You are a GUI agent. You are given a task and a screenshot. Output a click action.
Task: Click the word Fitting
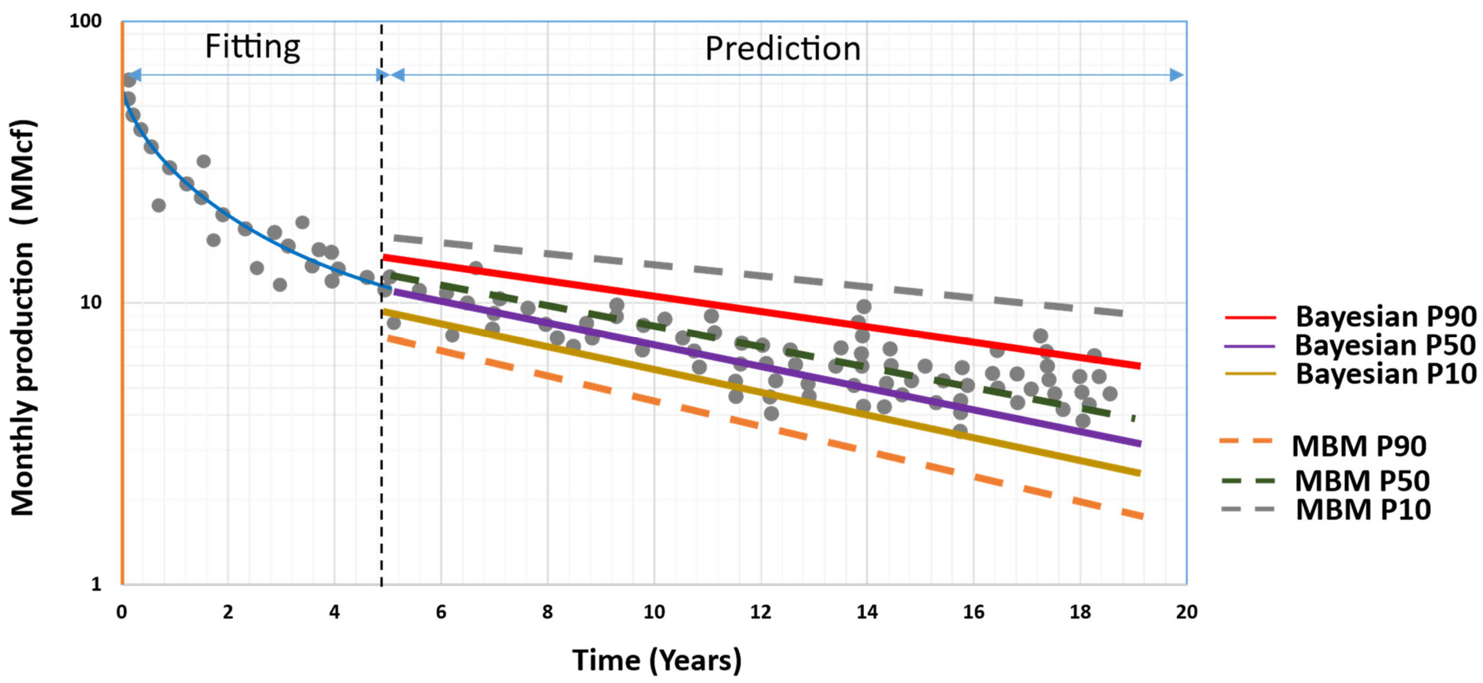[x=252, y=47]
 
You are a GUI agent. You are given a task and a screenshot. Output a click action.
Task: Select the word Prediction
[x=782, y=49]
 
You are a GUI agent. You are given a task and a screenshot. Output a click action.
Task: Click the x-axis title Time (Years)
[x=657, y=660]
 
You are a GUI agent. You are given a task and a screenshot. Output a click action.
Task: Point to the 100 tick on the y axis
[x=85, y=21]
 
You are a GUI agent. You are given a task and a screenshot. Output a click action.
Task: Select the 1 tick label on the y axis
[x=96, y=584]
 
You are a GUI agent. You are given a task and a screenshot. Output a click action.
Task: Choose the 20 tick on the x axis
[x=1186, y=612]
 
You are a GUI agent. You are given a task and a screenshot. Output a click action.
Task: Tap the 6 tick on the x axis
[x=441, y=612]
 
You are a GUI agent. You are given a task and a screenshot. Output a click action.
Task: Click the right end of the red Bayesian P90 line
[x=1139, y=365]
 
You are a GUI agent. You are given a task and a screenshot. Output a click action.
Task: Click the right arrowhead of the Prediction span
[x=1177, y=75]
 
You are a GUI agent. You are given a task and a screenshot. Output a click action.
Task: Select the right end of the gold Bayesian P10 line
[x=1139, y=473]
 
